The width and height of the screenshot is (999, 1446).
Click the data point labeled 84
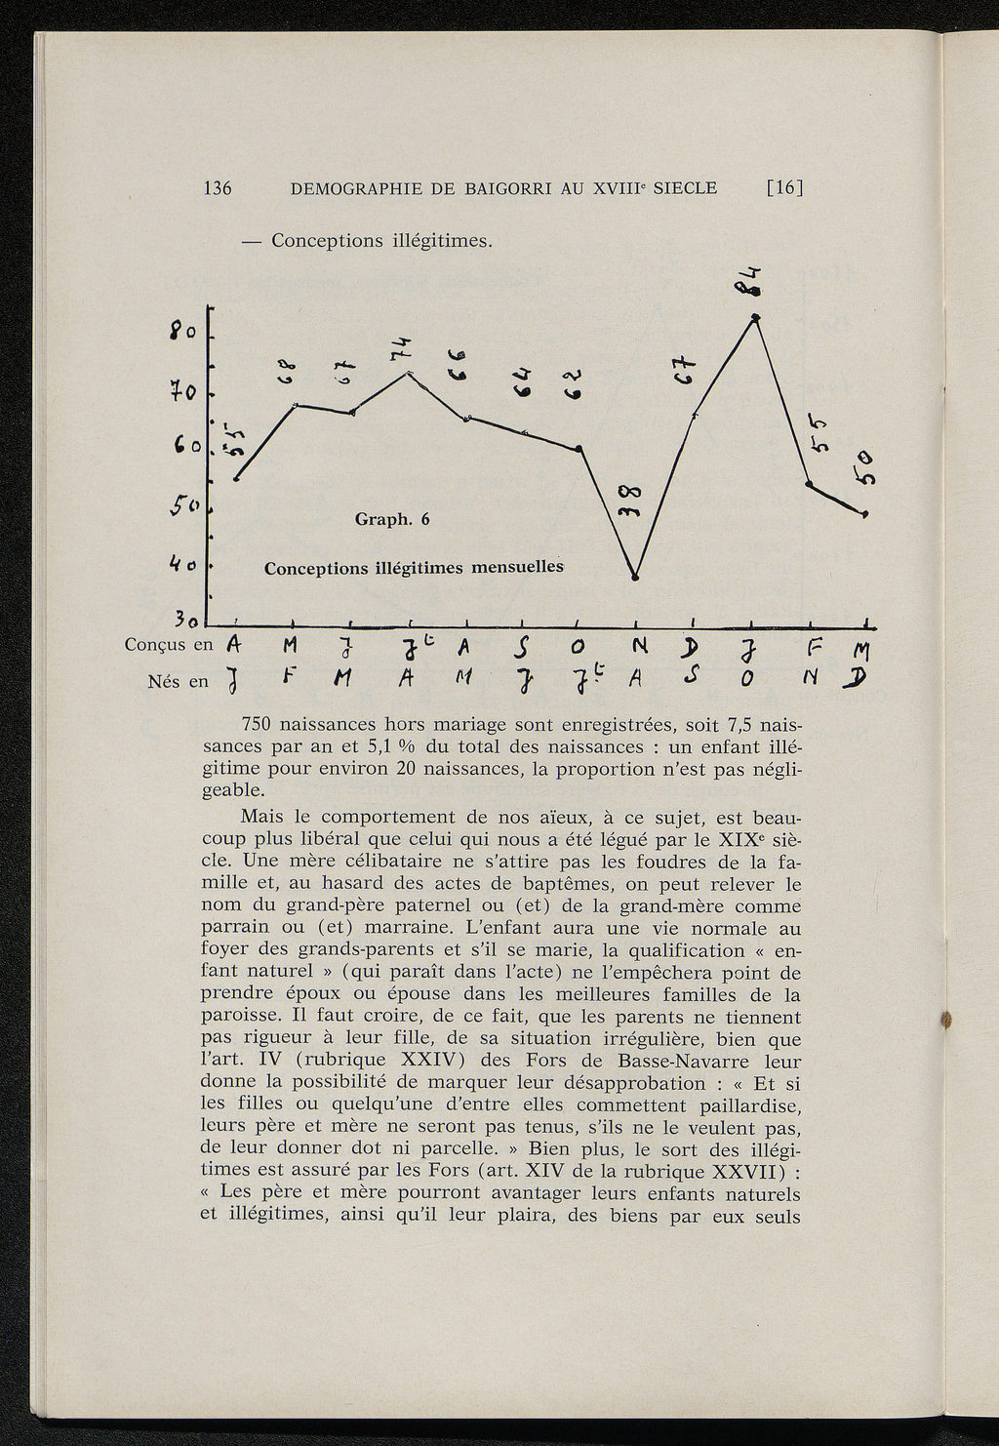click(755, 317)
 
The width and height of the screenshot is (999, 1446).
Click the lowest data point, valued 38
click(635, 578)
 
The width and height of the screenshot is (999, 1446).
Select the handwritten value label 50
click(864, 467)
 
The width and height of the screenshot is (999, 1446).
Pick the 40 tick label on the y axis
click(184, 564)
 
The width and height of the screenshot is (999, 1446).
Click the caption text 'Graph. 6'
click(392, 519)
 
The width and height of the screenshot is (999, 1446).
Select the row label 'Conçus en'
click(169, 645)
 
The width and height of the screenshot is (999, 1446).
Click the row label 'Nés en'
click(179, 681)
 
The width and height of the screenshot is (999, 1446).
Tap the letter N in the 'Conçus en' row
click(639, 646)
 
